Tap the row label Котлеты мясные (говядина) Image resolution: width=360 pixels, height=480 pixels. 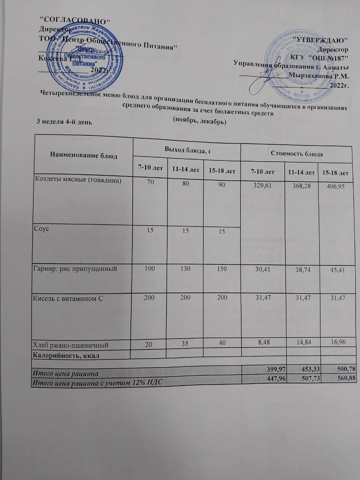[x=78, y=180]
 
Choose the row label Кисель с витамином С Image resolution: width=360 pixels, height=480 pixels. [x=69, y=298]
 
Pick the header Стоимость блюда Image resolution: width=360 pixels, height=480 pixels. [x=296, y=154]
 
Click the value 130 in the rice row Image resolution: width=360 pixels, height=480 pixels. [x=185, y=269]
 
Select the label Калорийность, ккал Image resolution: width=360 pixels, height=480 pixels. [x=67, y=355]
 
